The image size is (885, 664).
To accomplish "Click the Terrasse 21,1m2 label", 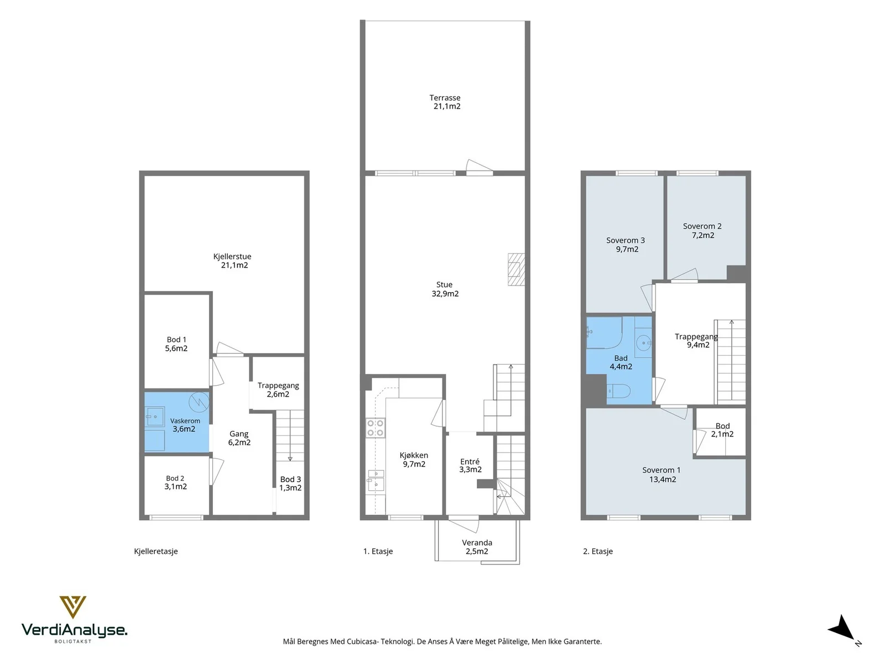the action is click(445, 102).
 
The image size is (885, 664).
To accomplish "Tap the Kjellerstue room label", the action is click(233, 261).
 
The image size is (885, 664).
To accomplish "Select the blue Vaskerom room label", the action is click(185, 425).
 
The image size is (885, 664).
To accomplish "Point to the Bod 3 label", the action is click(290, 484).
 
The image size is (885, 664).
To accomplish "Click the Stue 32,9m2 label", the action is click(445, 289).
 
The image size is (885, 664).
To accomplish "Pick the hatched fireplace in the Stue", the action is click(516, 269).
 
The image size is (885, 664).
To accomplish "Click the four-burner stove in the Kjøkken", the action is click(375, 428).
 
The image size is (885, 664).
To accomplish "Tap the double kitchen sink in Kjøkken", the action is click(376, 480).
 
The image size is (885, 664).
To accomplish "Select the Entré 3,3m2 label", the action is click(470, 465).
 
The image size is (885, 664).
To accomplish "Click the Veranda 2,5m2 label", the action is click(477, 547).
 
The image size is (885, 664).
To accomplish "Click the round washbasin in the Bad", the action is click(644, 344).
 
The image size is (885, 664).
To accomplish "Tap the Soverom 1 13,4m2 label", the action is click(662, 475).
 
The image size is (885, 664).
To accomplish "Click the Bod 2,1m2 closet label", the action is click(722, 430).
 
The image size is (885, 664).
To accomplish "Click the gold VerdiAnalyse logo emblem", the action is click(72, 607).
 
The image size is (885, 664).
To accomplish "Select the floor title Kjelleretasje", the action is click(155, 551).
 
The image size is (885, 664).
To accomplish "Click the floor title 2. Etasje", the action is click(597, 551).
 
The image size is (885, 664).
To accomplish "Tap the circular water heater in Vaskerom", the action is click(199, 401).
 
